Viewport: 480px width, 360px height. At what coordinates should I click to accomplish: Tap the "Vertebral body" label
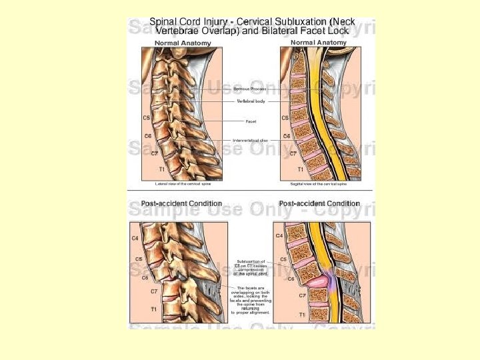click(249, 101)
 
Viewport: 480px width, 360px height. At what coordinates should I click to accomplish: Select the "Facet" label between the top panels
click(251, 121)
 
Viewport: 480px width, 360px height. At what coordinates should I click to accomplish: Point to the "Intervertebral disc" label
click(251, 141)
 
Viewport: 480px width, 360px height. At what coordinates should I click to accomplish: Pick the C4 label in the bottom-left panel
click(135, 238)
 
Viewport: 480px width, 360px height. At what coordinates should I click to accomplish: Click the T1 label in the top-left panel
click(161, 169)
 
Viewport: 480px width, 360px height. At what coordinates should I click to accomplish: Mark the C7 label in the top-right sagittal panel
click(292, 153)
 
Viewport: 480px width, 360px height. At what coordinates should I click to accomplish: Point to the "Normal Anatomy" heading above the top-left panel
click(183, 43)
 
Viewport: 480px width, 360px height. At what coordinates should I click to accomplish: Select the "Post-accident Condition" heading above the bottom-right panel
click(319, 203)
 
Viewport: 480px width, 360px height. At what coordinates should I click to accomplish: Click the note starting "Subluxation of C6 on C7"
click(250, 267)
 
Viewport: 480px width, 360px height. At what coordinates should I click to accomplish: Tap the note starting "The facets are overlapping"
click(251, 299)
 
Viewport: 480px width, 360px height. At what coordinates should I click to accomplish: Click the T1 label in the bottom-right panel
click(302, 314)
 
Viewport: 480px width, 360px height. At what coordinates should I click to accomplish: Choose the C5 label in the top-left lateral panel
click(146, 118)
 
